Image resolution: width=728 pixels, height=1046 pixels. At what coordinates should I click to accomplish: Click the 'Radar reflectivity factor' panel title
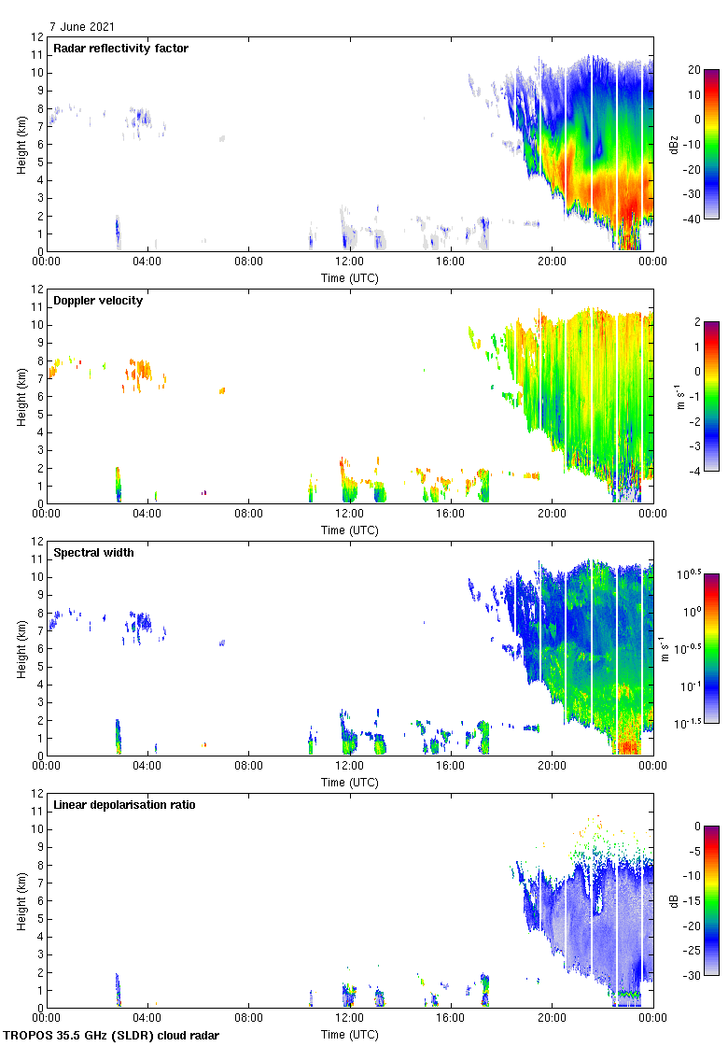point(120,49)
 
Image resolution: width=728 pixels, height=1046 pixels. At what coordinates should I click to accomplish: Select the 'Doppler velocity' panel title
point(98,301)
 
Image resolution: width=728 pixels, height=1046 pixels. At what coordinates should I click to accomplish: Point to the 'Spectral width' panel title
point(93,553)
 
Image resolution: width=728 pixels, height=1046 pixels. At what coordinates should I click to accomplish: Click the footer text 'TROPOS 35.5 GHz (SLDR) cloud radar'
point(112,1036)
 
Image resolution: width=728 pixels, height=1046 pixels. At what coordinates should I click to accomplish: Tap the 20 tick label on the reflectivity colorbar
point(693,70)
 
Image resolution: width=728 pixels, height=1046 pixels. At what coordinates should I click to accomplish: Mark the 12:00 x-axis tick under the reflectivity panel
point(350,262)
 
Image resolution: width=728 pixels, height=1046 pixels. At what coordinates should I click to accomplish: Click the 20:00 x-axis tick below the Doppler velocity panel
point(552,515)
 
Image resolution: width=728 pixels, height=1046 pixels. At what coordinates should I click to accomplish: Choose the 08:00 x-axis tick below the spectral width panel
point(249,767)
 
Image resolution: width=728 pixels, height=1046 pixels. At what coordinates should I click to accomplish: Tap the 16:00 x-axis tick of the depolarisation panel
point(451,1019)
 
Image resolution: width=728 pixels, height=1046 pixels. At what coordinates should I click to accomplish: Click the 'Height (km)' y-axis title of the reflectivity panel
point(21,144)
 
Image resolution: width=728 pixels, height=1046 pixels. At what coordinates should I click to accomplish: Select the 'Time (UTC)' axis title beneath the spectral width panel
point(350,783)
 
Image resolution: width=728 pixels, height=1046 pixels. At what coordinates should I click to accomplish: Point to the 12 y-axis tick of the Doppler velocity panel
point(38,290)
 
